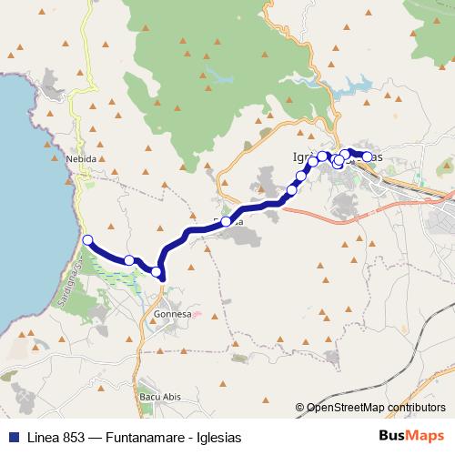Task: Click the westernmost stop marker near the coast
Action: click(x=87, y=240)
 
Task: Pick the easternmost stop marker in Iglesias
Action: click(x=367, y=157)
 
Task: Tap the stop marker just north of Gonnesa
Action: click(x=157, y=271)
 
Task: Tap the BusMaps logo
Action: click(x=412, y=437)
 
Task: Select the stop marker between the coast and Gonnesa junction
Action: click(x=129, y=260)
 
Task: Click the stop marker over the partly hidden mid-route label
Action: click(x=226, y=221)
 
